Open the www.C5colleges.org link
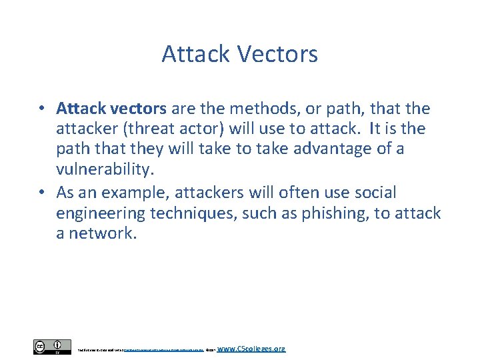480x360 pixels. [251, 348]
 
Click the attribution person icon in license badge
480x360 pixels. [61, 345]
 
